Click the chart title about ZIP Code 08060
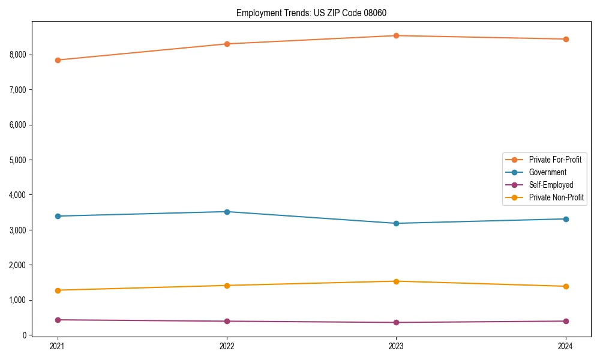(315, 13)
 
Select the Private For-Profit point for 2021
(58, 60)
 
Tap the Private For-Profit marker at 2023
(397, 35)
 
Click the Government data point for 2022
(227, 212)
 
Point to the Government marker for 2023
(397, 223)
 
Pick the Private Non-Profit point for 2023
(397, 281)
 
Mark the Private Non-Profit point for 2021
(58, 290)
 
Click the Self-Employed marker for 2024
(566, 321)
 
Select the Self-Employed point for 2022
(227, 321)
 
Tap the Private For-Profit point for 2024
(566, 39)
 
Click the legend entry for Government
(547, 172)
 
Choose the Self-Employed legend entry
(551, 185)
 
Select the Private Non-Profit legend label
(556, 197)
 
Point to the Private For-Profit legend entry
(555, 160)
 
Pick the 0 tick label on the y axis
(23, 335)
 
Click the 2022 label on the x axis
(227, 346)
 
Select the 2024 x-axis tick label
(566, 346)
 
